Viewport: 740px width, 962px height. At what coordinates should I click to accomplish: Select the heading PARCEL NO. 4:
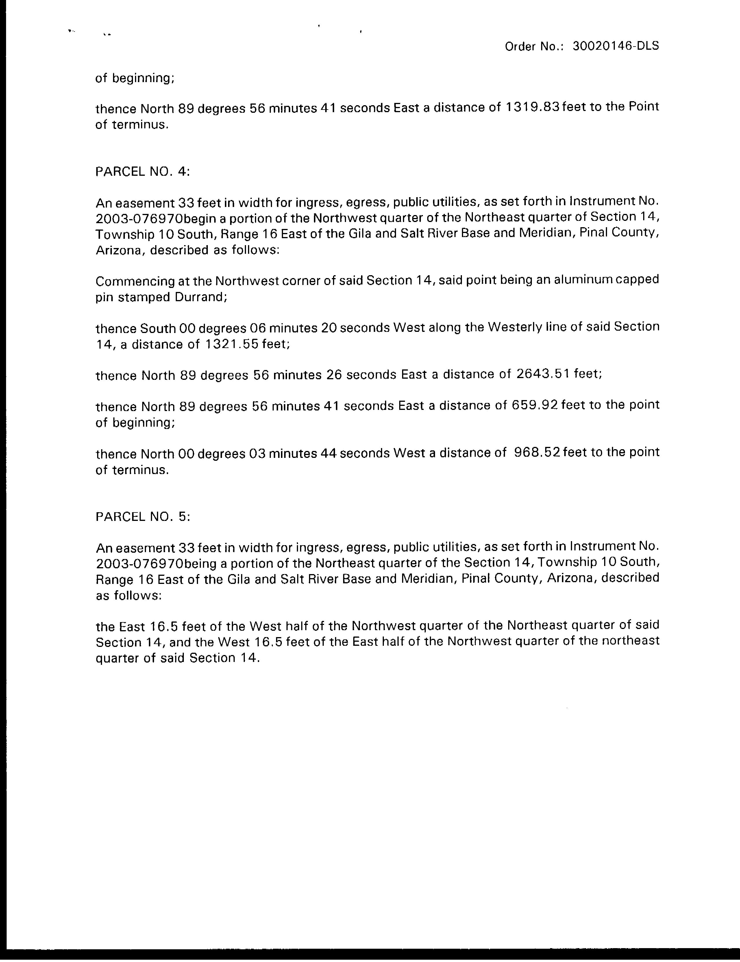(x=142, y=171)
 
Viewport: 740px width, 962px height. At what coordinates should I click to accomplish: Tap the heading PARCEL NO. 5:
(x=142, y=516)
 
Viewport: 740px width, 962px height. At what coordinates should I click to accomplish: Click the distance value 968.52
(x=537, y=452)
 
